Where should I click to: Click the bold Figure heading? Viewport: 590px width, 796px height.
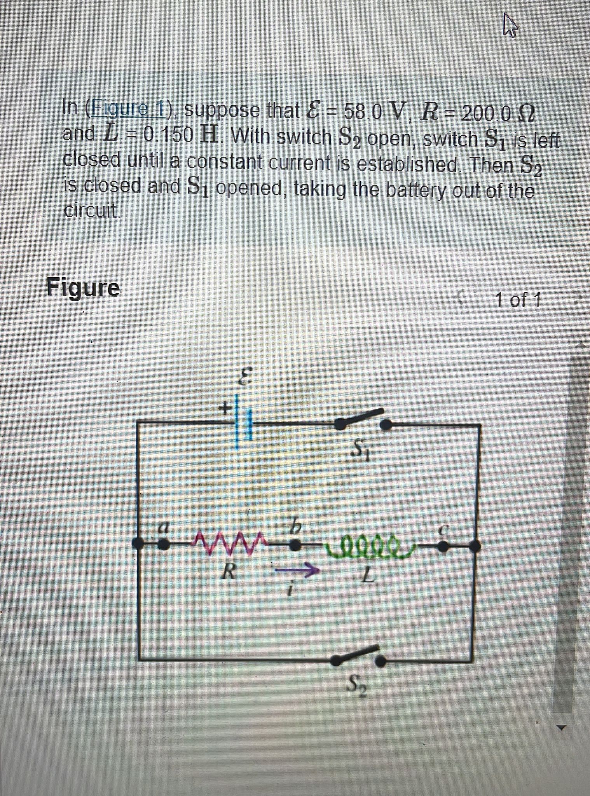point(83,288)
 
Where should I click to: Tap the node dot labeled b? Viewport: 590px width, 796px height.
point(295,546)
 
